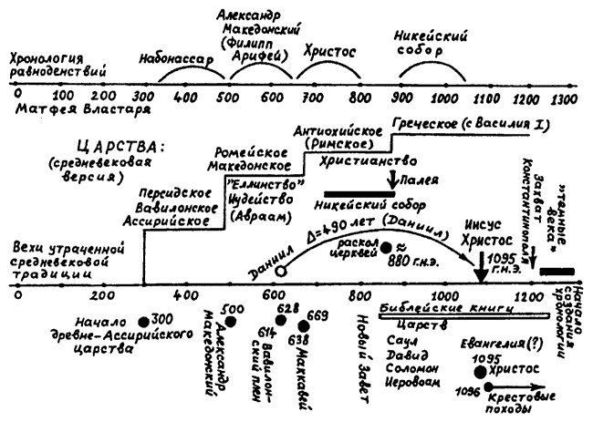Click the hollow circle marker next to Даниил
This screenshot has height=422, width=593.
tap(281, 271)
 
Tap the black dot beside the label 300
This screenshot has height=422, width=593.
tap(143, 322)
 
